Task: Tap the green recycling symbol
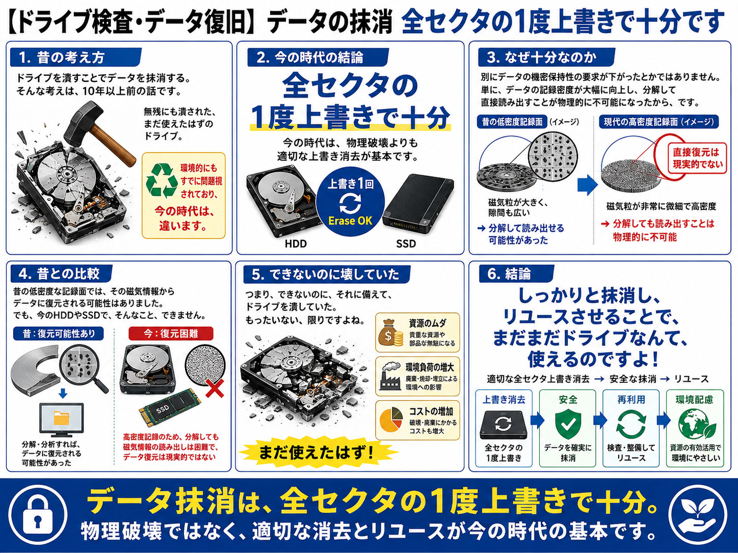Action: (x=162, y=180)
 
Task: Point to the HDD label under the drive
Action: (x=296, y=243)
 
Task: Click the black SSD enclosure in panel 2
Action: (x=418, y=203)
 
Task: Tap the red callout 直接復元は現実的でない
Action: (x=695, y=158)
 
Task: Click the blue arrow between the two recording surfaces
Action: (x=587, y=185)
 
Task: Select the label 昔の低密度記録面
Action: (x=512, y=122)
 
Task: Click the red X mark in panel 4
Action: (x=215, y=389)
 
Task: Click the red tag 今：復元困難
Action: (x=171, y=334)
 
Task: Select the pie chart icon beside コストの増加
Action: (x=391, y=420)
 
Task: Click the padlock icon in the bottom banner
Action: (x=38, y=514)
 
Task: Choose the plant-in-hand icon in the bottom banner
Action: (x=698, y=514)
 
